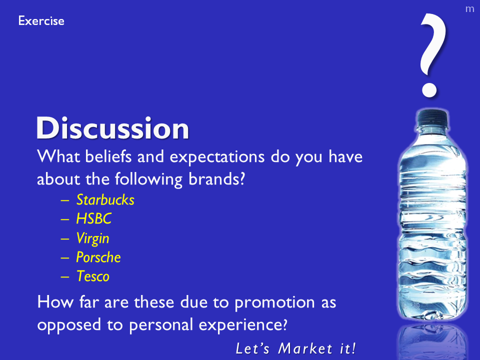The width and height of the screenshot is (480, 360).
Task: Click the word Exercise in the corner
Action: pyautogui.click(x=41, y=21)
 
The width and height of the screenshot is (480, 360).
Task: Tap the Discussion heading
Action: pyautogui.click(x=112, y=128)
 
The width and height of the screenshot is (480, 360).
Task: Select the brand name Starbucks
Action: pyautogui.click(x=105, y=200)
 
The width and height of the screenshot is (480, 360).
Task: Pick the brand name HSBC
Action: pyautogui.click(x=93, y=219)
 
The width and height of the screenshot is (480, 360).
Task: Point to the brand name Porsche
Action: pyautogui.click(x=98, y=257)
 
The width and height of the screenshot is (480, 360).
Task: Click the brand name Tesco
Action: pyautogui.click(x=93, y=276)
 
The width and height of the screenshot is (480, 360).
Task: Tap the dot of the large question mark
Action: pyautogui.click(x=429, y=90)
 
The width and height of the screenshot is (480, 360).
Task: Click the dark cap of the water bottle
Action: pyautogui.click(x=432, y=118)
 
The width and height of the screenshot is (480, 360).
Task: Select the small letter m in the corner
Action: pyautogui.click(x=469, y=9)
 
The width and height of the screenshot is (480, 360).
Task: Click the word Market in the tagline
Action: pyautogui.click(x=305, y=348)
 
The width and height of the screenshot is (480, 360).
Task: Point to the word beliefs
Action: pyautogui.click(x=108, y=156)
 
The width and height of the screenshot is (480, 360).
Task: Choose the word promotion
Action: pyautogui.click(x=274, y=303)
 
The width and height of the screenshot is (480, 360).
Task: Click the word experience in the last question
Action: pyautogui.click(x=243, y=325)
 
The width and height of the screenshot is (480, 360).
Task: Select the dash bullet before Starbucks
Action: pyautogui.click(x=65, y=200)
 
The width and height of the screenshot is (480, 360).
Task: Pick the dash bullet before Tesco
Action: pyautogui.click(x=65, y=276)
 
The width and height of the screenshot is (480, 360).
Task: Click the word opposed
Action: pyautogui.click(x=69, y=325)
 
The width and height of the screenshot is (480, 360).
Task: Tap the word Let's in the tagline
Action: pyautogui.click(x=252, y=348)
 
